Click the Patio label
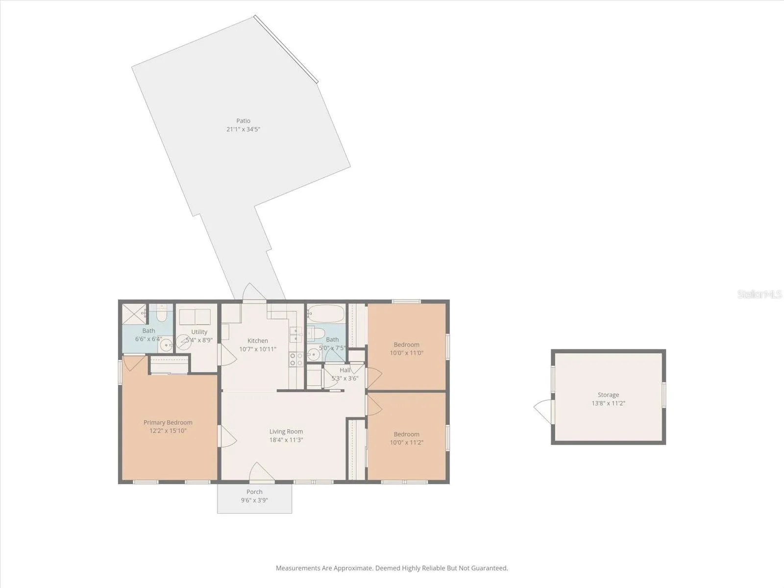[x=243, y=121]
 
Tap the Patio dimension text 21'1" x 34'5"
[x=243, y=129]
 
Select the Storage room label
[x=608, y=395]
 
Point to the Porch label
[x=254, y=491]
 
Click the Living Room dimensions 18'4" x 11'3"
[x=286, y=440]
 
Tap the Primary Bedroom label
[x=168, y=422]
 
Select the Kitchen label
[x=258, y=341]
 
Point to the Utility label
[x=199, y=332]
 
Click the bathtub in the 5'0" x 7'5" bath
[x=326, y=314]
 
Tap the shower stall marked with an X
[x=134, y=314]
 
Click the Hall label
[x=345, y=370]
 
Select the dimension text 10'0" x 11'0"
[x=407, y=353]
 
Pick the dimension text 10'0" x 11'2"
[x=407, y=442]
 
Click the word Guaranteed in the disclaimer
[x=489, y=568]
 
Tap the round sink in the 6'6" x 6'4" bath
[x=166, y=345]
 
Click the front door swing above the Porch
[x=261, y=472]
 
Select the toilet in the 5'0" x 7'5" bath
[x=316, y=333]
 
